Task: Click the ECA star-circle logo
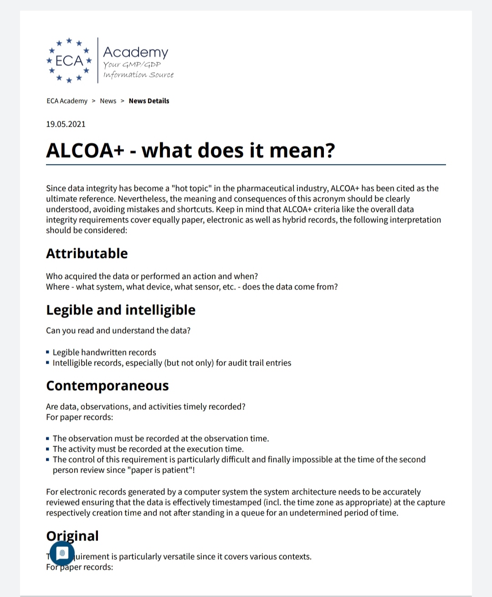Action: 69,61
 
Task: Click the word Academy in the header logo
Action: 135,52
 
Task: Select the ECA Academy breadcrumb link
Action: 67,101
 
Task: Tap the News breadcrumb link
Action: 108,101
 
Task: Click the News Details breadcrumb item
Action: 149,101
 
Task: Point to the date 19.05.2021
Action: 66,124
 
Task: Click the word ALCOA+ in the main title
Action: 85,150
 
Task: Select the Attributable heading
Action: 87,253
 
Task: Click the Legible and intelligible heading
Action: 120,310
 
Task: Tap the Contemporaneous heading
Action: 107,386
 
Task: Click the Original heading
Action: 72,536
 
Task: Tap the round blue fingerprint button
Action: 62,553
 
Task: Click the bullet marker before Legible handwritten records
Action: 48,352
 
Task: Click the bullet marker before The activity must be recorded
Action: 48,449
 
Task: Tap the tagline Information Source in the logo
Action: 138,74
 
